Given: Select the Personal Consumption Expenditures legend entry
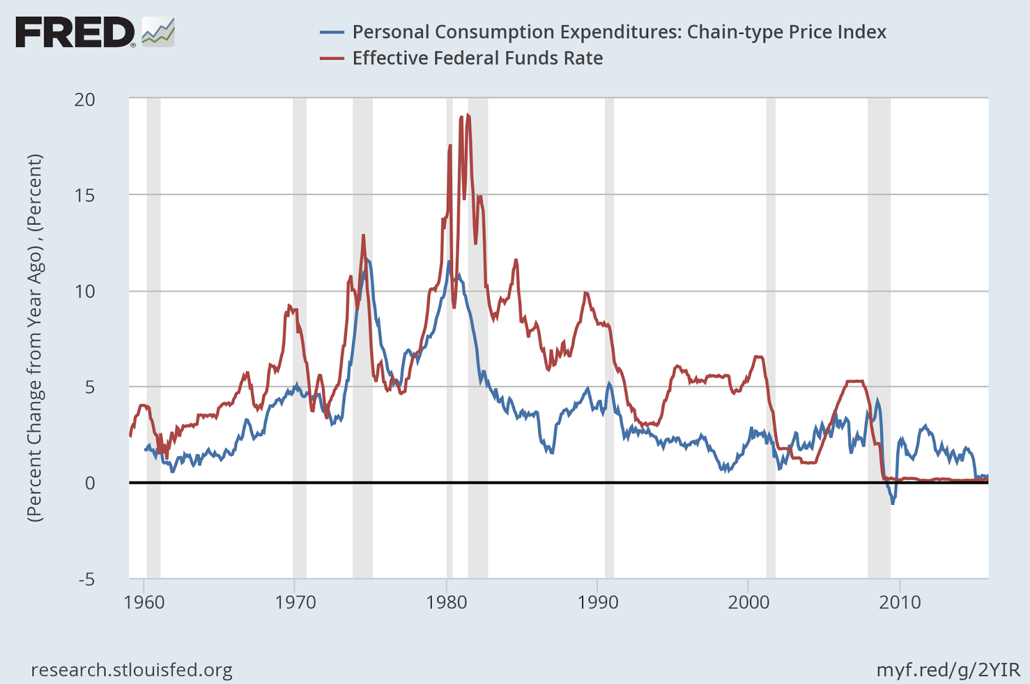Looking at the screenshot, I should click(x=619, y=32).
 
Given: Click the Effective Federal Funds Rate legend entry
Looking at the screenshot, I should click(x=477, y=58).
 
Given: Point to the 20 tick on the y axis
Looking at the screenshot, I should click(x=84, y=99).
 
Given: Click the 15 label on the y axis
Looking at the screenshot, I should click(x=84, y=195).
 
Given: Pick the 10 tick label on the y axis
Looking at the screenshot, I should click(x=84, y=291).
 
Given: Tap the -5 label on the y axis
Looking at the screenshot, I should click(x=86, y=579).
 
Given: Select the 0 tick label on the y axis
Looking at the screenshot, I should click(x=89, y=482).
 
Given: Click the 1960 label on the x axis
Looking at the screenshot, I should click(x=144, y=603).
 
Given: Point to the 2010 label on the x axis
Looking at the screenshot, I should click(x=900, y=603).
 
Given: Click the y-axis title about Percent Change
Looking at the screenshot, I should click(x=34, y=337).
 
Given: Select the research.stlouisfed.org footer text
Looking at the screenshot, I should click(x=131, y=670).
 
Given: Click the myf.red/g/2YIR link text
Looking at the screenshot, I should click(x=948, y=670).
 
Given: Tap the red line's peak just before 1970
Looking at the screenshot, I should click(x=289, y=306).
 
